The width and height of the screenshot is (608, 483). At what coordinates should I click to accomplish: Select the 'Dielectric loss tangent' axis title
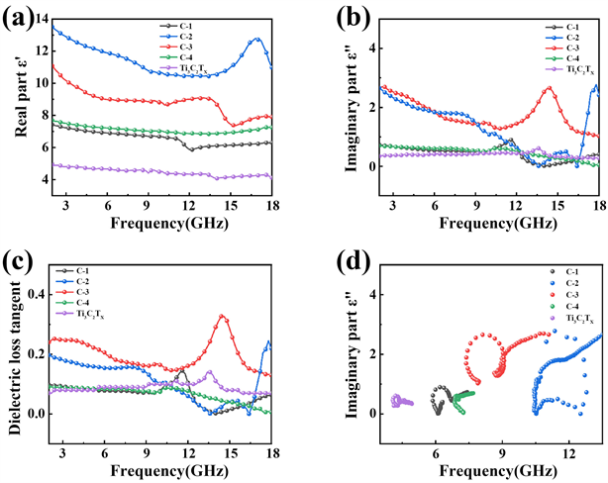click(x=13, y=346)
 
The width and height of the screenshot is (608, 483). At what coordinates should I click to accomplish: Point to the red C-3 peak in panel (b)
click(x=548, y=87)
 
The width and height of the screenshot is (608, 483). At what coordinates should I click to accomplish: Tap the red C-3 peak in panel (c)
click(x=223, y=317)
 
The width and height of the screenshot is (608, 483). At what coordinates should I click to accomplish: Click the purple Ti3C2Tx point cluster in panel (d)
click(x=399, y=401)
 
